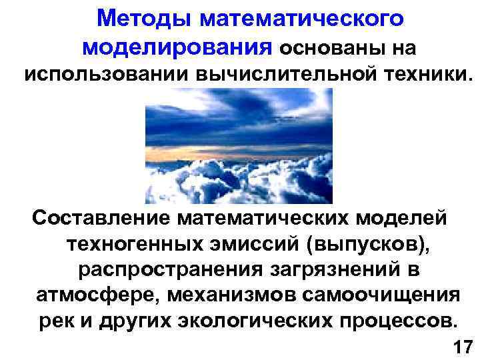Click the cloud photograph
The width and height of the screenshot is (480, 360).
(239, 146)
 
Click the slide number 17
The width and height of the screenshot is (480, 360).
(462, 347)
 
